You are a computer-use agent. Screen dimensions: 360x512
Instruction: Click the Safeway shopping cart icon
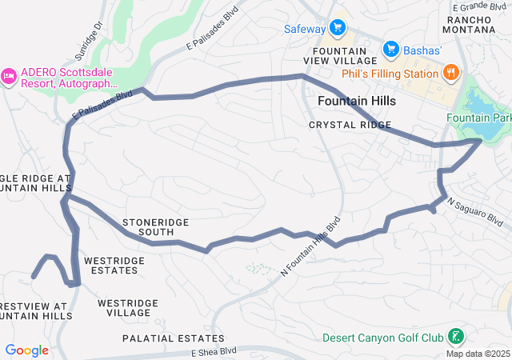[x=338, y=29]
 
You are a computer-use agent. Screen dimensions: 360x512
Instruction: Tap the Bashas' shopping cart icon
[x=391, y=50]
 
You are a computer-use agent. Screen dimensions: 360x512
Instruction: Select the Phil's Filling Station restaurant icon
[x=451, y=74]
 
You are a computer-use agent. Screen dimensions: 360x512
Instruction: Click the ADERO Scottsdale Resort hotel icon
[x=9, y=75]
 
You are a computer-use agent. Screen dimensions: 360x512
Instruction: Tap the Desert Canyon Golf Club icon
[x=454, y=337]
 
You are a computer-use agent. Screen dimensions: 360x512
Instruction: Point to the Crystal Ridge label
[x=350, y=125]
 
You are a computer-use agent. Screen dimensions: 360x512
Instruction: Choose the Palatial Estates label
[x=174, y=338]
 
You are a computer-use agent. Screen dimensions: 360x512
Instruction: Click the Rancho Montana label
[x=478, y=24]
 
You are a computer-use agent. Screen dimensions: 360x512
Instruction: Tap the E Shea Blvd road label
[x=214, y=351]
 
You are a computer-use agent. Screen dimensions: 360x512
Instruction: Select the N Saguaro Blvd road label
[x=474, y=212]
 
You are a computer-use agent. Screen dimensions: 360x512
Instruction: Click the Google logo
[x=26, y=350]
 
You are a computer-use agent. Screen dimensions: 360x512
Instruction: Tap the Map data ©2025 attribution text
[x=478, y=354]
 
